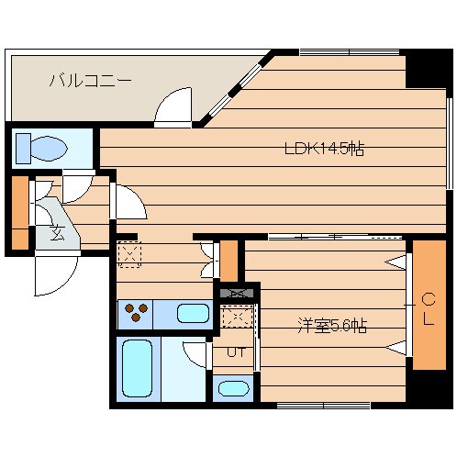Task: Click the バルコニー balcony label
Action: click(x=90, y=81)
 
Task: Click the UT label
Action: click(x=235, y=351)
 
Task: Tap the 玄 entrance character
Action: click(x=57, y=232)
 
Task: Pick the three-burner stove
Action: click(x=136, y=315)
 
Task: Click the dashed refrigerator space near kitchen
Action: click(x=129, y=254)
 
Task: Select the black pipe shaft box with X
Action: click(x=236, y=294)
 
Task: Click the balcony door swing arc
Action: click(x=173, y=107)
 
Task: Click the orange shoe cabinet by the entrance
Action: click(x=19, y=212)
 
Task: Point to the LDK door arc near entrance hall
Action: click(x=128, y=202)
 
